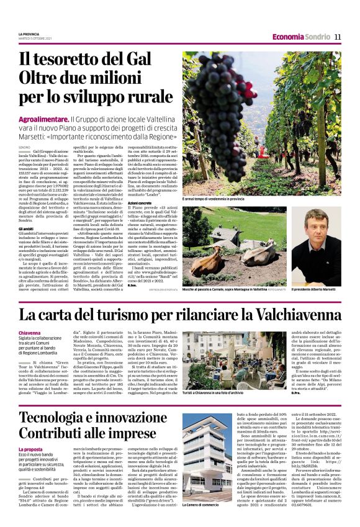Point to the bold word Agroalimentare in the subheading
coord(43,118)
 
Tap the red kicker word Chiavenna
coord(30,333)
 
